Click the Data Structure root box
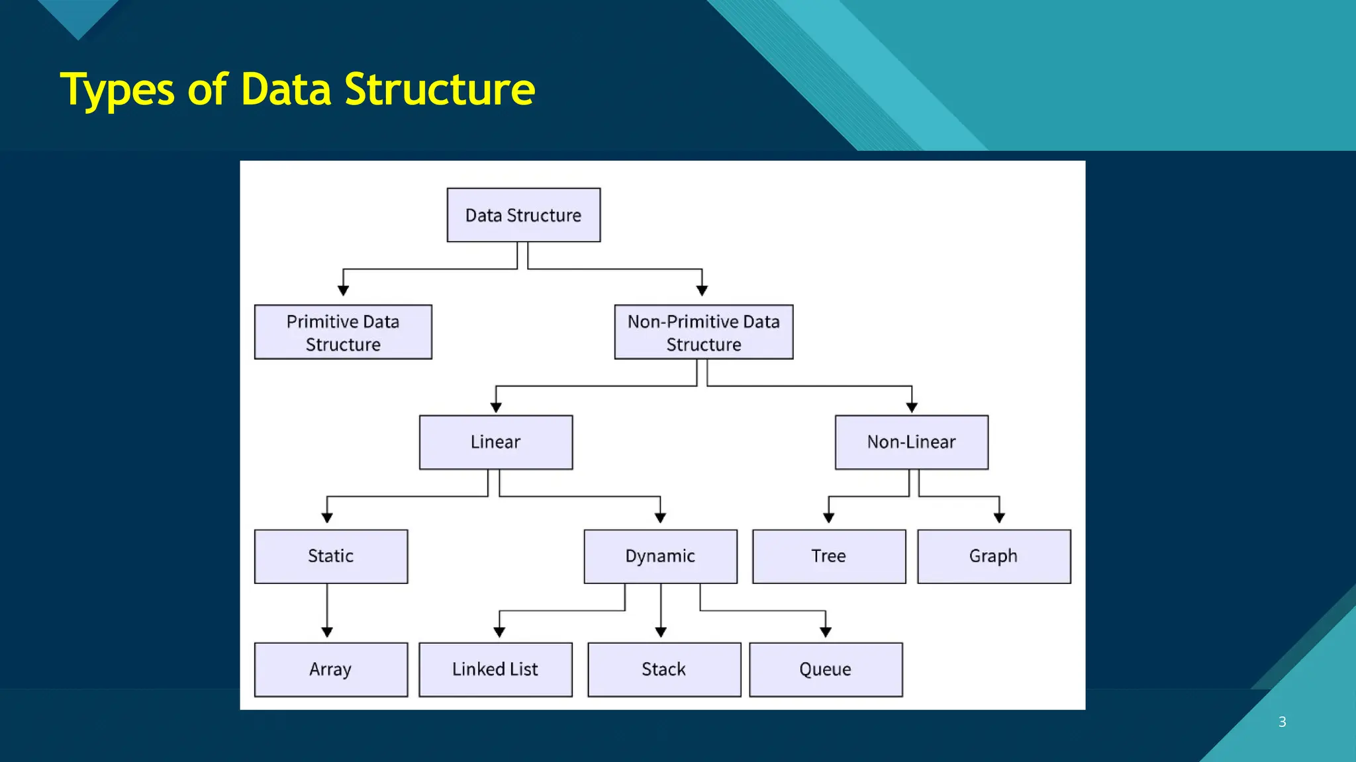click(523, 215)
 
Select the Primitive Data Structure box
click(343, 332)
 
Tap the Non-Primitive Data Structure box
click(703, 332)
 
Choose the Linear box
click(495, 442)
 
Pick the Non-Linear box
click(911, 442)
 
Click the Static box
click(330, 556)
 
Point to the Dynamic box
click(660, 556)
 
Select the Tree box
click(828, 556)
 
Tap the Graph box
click(993, 556)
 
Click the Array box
click(330, 669)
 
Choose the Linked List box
click(495, 669)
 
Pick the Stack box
click(663, 669)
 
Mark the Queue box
click(825, 669)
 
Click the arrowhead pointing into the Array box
click(327, 632)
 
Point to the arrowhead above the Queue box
click(826, 632)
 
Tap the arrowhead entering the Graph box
click(999, 518)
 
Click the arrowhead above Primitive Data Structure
click(343, 290)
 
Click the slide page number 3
click(1282, 722)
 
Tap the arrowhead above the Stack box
click(661, 632)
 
